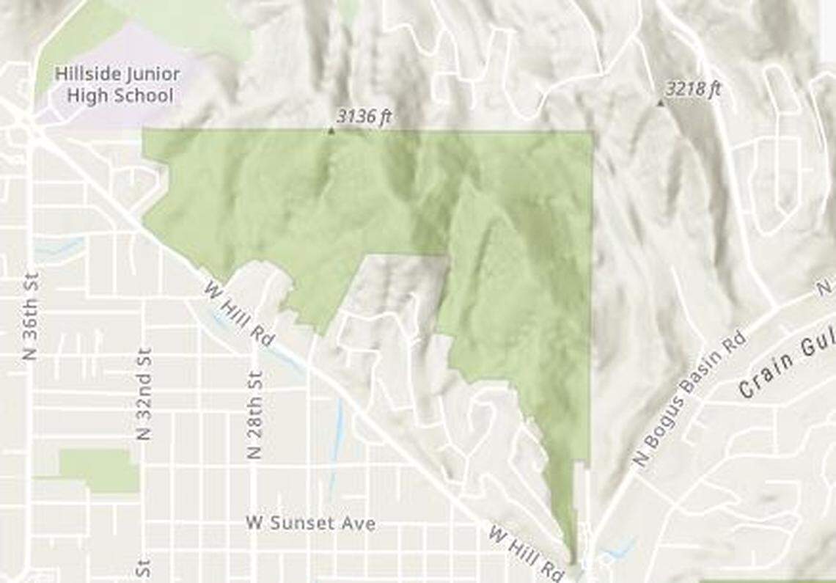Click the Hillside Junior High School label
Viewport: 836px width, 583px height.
click(117, 84)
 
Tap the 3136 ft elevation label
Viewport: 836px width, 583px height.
click(361, 117)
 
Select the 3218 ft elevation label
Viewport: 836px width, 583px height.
click(693, 89)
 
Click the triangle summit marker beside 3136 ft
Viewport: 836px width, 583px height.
click(331, 131)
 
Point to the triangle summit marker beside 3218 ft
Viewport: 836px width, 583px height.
click(660, 103)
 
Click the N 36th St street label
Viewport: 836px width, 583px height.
click(30, 315)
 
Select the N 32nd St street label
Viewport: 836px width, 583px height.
click(144, 393)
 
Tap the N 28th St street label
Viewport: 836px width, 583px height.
click(254, 414)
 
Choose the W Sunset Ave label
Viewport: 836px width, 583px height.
click(311, 523)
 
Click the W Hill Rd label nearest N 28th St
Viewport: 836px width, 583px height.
click(238, 315)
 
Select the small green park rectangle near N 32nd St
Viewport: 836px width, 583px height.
click(98, 471)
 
